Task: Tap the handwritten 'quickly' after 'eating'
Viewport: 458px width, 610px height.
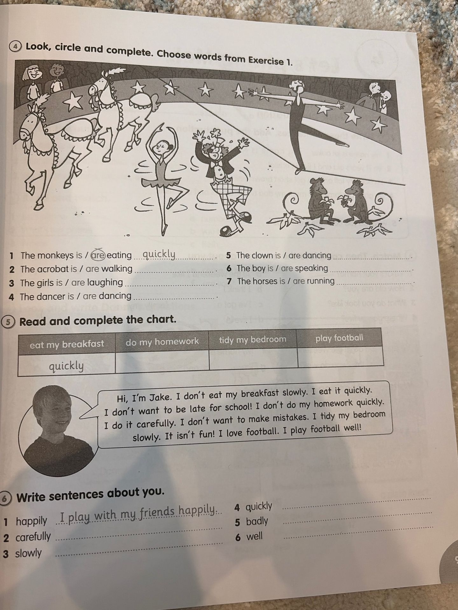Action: click(159, 254)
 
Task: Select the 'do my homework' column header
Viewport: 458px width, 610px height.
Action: click(162, 342)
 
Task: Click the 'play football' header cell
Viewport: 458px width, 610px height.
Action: click(339, 338)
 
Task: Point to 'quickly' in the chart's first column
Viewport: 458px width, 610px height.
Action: click(66, 366)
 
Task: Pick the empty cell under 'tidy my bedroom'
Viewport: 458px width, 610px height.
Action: click(253, 359)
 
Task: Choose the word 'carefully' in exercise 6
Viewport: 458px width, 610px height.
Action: click(33, 537)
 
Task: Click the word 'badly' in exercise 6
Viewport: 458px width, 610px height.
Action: click(257, 521)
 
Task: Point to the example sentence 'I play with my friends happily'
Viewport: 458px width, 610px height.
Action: click(137, 511)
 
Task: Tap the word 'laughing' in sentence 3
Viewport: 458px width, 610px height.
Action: click(105, 282)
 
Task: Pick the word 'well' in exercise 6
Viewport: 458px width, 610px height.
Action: click(254, 536)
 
